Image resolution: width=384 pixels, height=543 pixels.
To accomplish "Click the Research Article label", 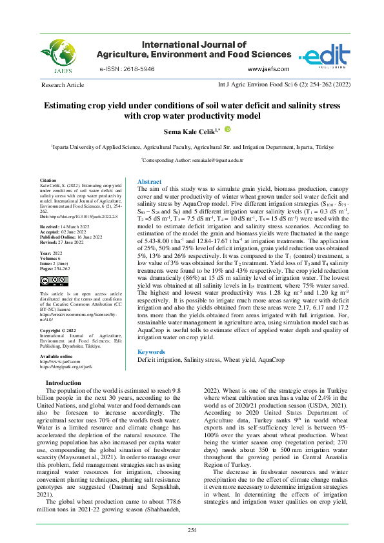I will [x=62, y=85].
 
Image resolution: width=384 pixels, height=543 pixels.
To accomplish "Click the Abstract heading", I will [x=149, y=183].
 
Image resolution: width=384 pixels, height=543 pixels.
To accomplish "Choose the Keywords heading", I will [x=152, y=352].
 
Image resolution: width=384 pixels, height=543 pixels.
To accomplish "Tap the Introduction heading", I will [x=63, y=383].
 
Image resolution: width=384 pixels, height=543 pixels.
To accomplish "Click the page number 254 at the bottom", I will [x=192, y=530].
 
